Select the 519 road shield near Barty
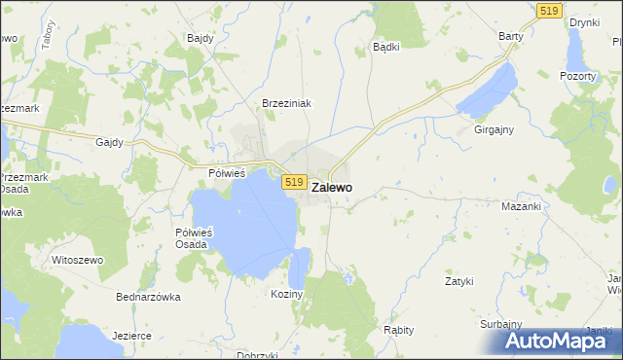[548, 10]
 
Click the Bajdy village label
[200, 39]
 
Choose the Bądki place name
[387, 46]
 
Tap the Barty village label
[511, 36]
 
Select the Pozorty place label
[577, 76]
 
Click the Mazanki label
[520, 207]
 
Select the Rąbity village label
[398, 330]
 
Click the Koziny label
[288, 293]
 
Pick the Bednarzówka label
[148, 297]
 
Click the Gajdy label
[109, 142]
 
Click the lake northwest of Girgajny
[487, 90]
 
